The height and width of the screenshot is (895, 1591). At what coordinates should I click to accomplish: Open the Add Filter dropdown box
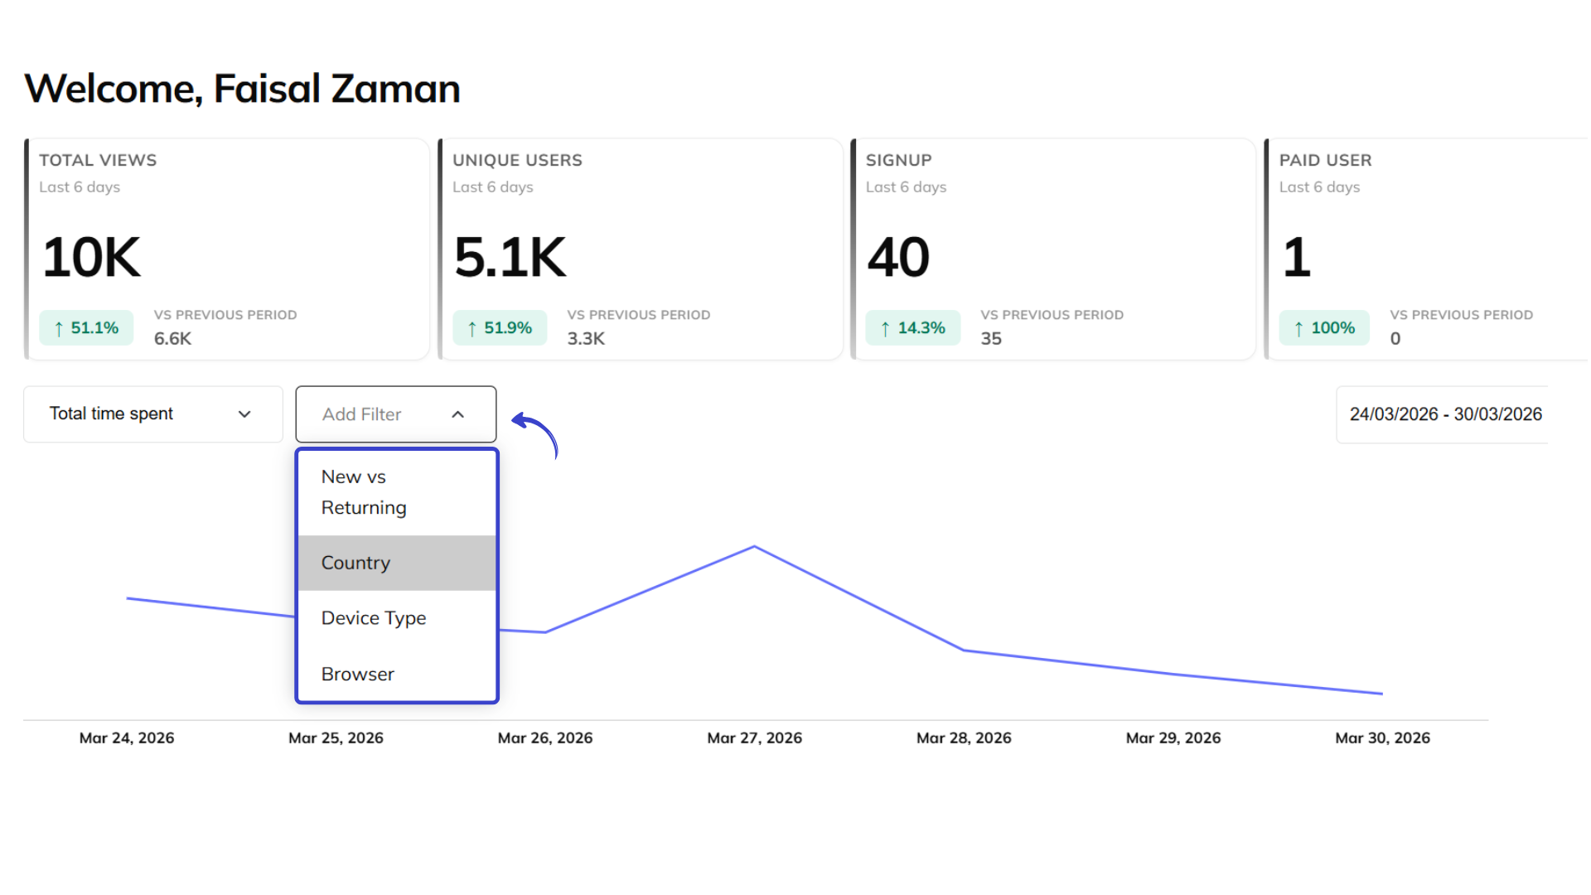tap(395, 414)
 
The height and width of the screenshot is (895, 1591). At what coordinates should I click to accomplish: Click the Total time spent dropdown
tap(152, 414)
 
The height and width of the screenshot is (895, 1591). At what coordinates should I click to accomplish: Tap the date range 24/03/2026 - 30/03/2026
tap(1444, 414)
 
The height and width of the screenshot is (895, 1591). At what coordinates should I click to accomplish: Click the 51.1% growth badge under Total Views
tap(86, 328)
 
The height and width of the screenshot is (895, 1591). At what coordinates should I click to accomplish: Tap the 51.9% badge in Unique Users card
tap(500, 328)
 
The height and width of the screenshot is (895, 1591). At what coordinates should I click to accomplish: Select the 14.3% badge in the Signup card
tap(912, 328)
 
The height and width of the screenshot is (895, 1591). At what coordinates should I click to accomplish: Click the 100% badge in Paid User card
tap(1324, 328)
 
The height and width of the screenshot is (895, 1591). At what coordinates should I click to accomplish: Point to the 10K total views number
tap(91, 258)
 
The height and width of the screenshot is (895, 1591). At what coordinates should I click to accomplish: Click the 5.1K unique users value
tap(510, 258)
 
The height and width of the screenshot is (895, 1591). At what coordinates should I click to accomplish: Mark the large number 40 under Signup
tap(898, 258)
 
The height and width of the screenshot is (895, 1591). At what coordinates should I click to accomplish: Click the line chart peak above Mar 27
tap(754, 547)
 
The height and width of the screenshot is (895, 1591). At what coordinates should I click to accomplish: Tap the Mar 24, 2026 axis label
tap(127, 738)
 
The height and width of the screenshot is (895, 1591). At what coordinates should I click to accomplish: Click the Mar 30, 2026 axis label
tap(1382, 738)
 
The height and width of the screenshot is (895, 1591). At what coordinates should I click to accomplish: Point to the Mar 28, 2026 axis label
tap(964, 738)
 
